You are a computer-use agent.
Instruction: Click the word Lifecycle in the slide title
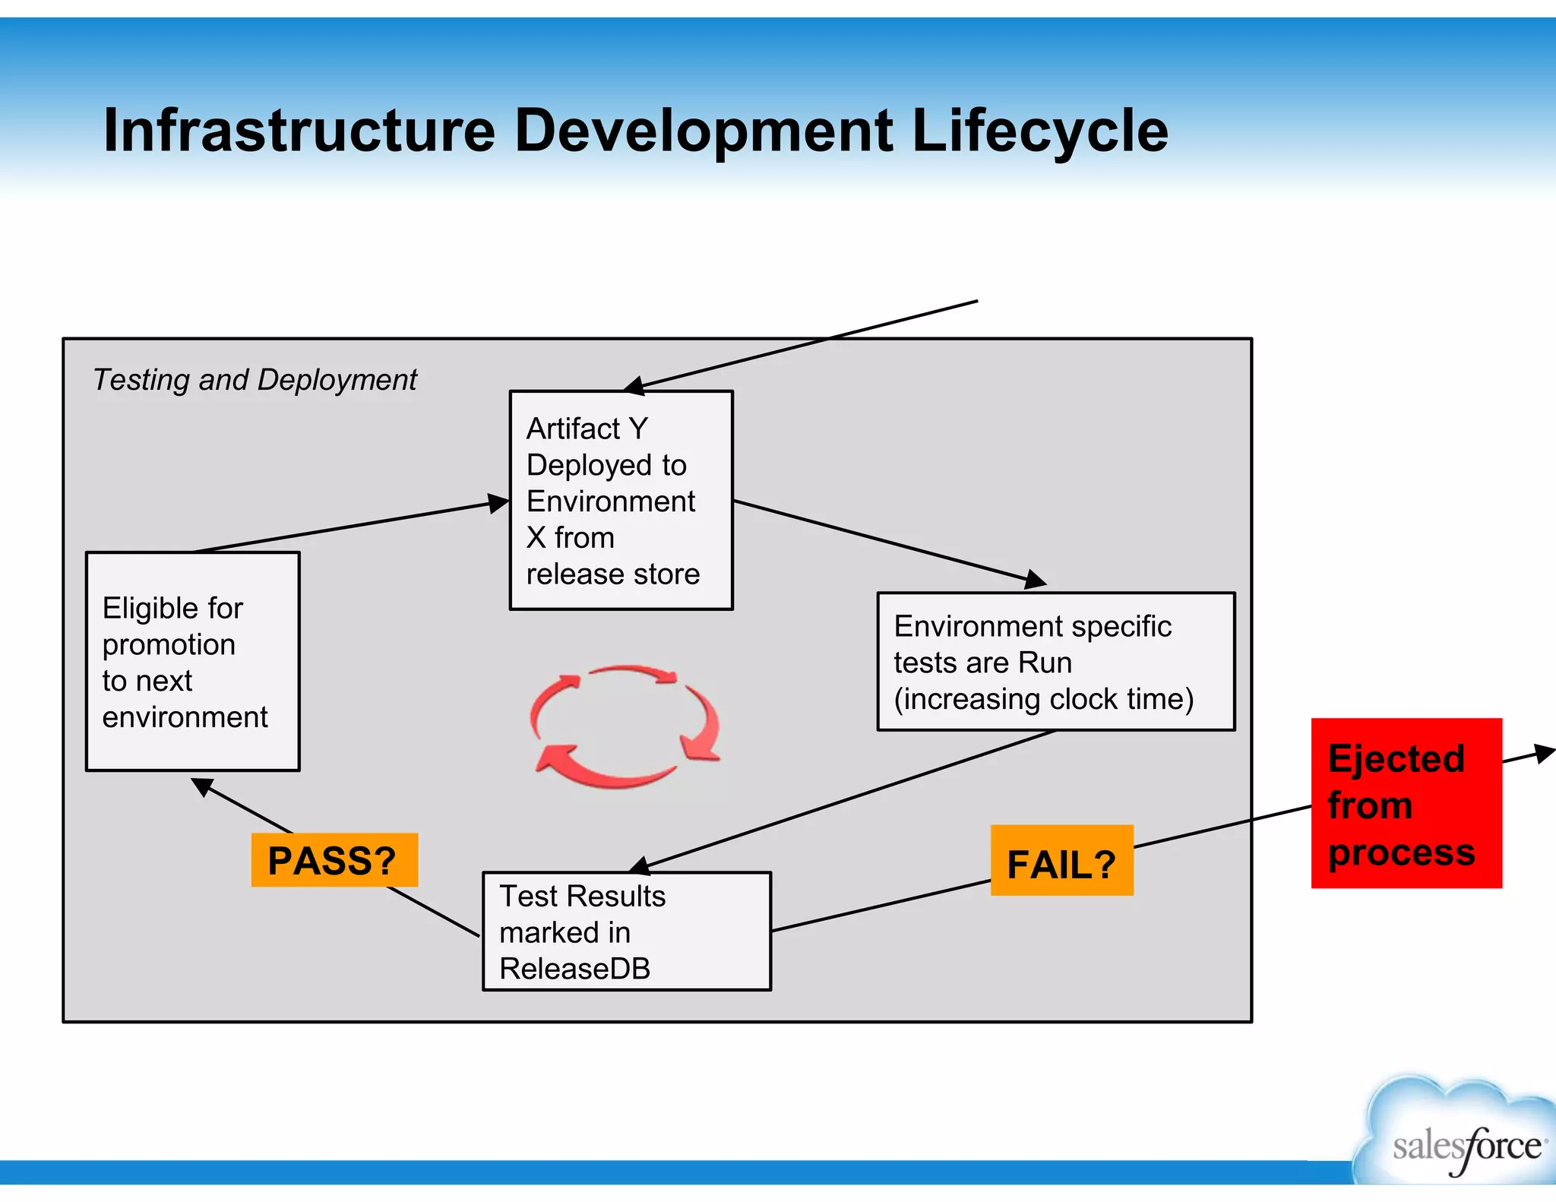pos(1039,131)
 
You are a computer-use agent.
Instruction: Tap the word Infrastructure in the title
pos(299,131)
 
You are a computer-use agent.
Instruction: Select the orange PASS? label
pos(334,860)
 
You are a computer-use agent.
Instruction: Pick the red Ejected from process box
pos(1406,803)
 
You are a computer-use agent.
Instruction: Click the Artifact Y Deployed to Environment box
pos(621,500)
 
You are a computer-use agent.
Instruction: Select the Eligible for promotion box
pos(193,661)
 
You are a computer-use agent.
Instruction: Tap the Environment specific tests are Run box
pos(1055,661)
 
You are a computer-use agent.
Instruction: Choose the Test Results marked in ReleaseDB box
pos(627,931)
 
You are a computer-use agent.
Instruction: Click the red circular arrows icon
pos(625,726)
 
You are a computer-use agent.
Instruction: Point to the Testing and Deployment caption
pos(255,380)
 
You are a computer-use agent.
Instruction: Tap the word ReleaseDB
pos(574,969)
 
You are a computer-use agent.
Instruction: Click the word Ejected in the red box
pos(1396,758)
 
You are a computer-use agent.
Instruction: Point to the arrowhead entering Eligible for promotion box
pos(202,786)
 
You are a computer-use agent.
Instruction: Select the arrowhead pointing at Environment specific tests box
pos(1035,580)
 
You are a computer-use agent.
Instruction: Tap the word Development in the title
pos(704,131)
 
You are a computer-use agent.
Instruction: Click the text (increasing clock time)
pos(1043,699)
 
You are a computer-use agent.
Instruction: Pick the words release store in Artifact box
pos(612,574)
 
